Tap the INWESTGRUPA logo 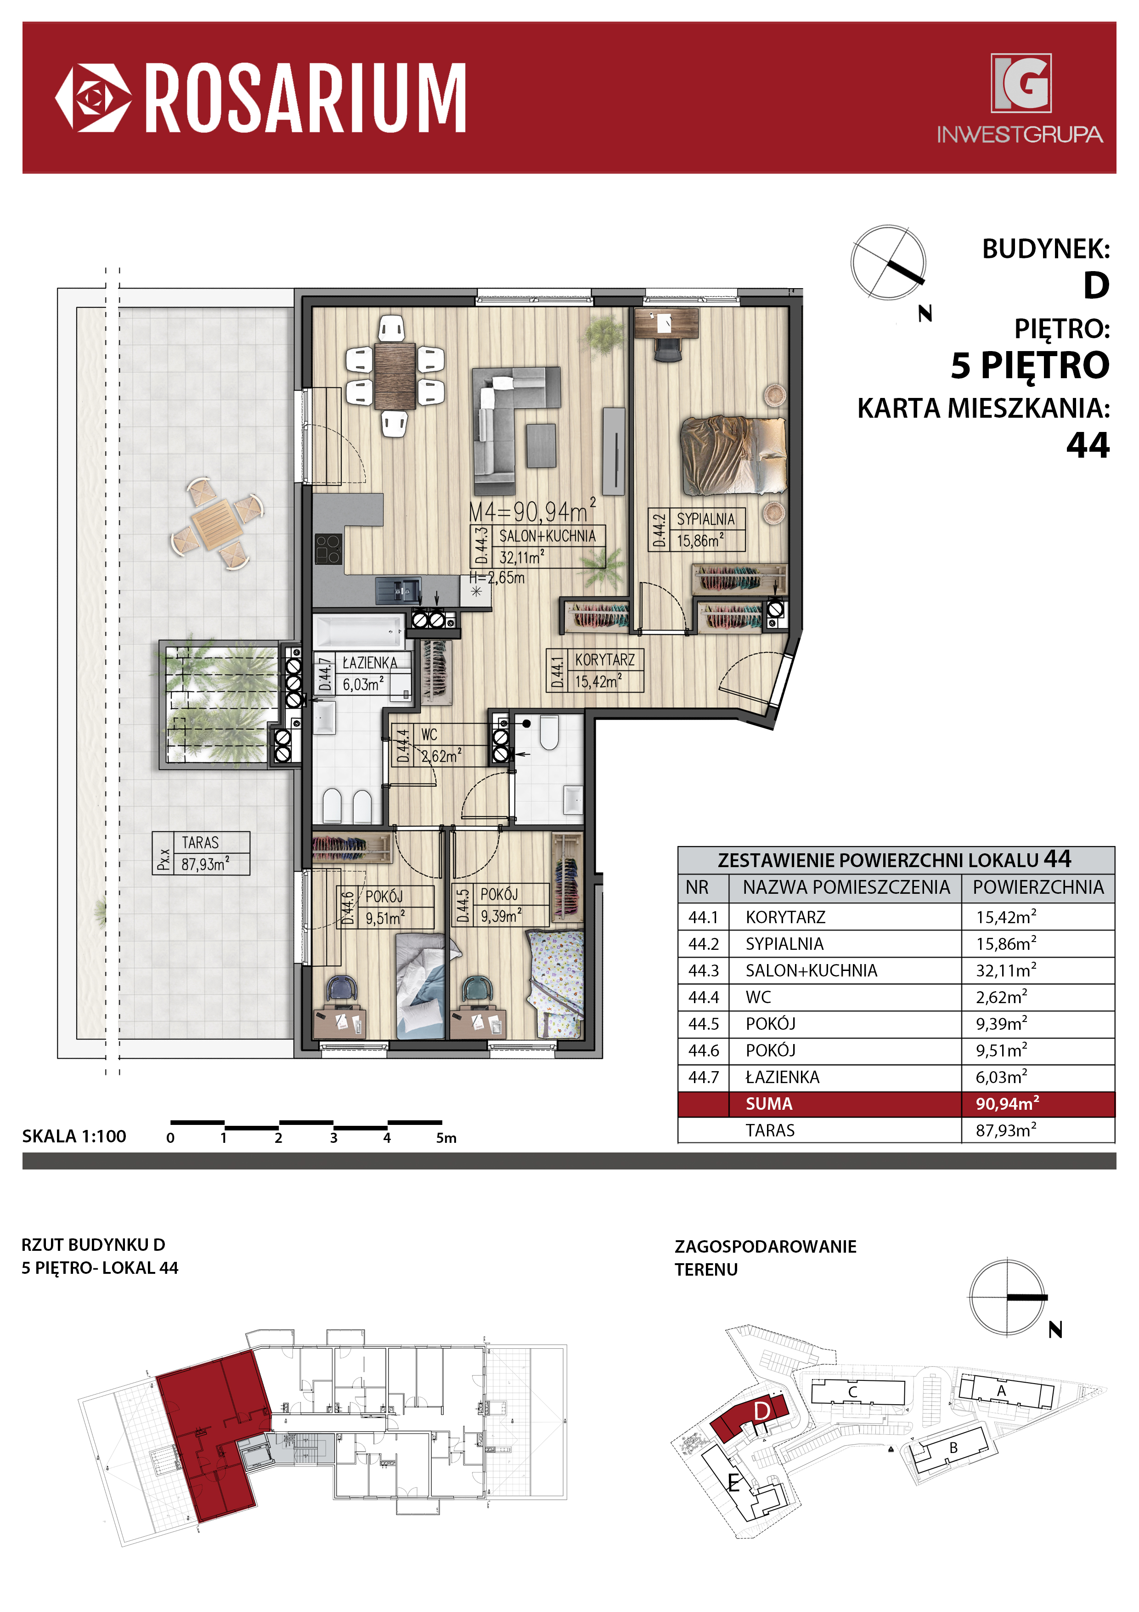coord(1020,99)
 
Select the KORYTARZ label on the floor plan coord(604,660)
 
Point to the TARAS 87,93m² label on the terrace coord(202,853)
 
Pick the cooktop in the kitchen coord(328,548)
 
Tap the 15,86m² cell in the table coord(1006,943)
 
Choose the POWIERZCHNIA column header coord(1038,887)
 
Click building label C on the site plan coord(853,1391)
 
